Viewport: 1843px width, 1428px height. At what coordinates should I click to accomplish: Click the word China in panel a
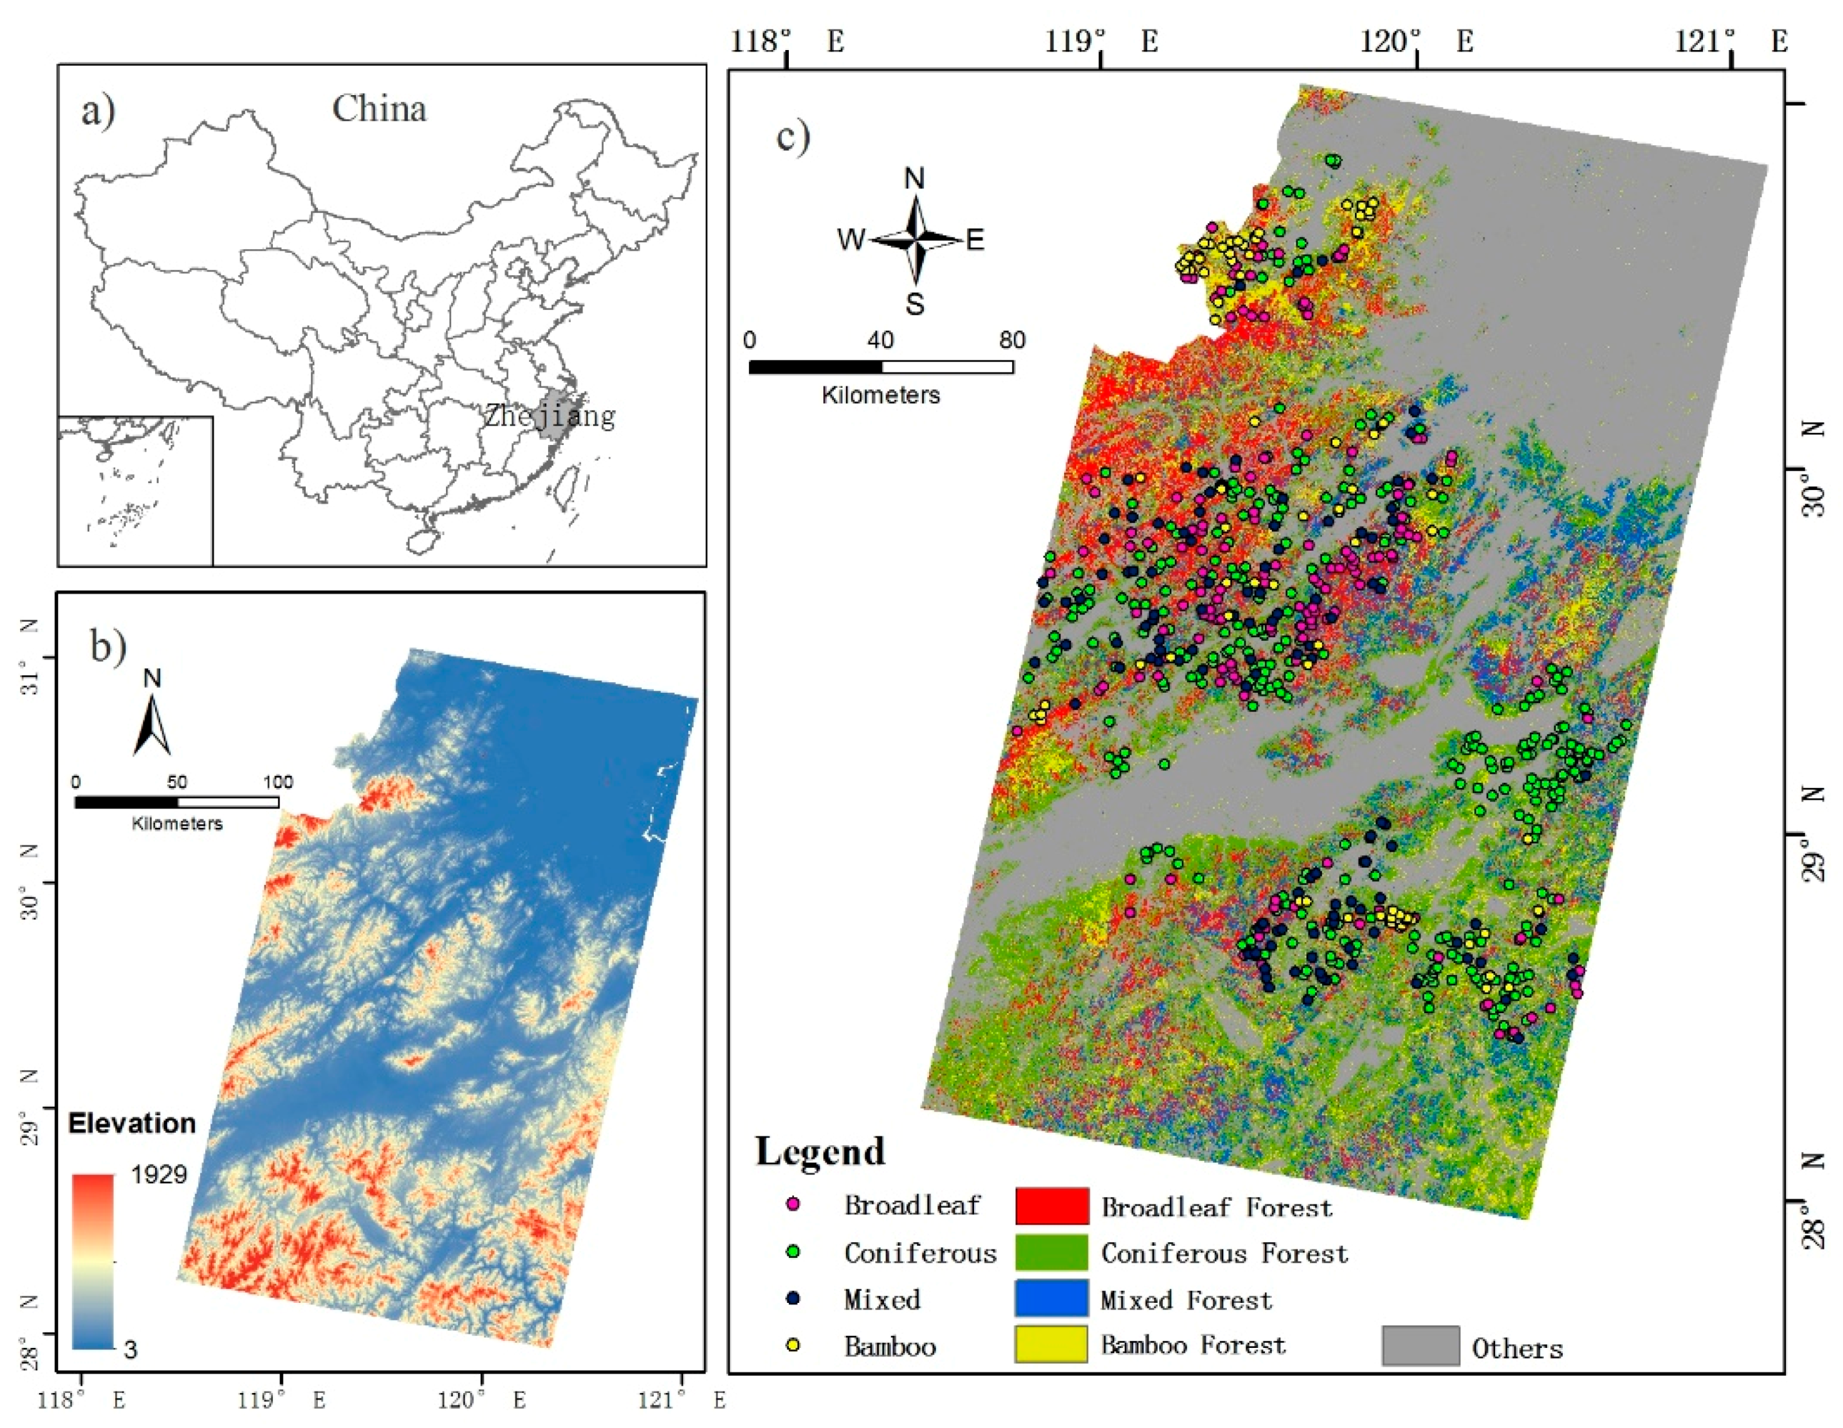[379, 109]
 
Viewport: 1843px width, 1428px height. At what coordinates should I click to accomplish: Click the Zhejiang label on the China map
[549, 416]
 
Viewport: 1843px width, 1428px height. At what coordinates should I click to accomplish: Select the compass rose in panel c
[916, 240]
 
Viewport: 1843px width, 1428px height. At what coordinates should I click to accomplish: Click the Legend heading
[820, 1151]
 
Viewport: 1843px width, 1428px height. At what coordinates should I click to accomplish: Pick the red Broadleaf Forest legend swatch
[1050, 1206]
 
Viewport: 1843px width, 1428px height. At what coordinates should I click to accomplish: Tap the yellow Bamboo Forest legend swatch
[1050, 1344]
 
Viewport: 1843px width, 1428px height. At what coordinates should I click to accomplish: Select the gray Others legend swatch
[1420, 1346]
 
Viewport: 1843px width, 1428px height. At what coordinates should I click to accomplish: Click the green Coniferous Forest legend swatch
[1050, 1252]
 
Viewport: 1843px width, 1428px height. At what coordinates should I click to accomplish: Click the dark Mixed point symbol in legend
[793, 1298]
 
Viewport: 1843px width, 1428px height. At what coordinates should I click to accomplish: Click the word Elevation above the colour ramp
[131, 1123]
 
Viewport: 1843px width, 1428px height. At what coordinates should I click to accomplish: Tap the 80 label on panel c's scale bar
[1012, 340]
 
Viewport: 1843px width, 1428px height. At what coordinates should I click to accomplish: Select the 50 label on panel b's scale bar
[177, 782]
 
